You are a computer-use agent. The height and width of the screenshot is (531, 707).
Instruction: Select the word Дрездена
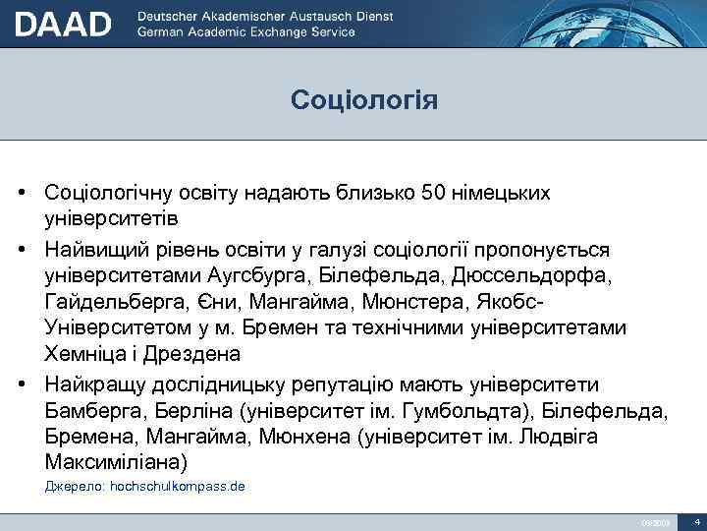[x=208, y=353]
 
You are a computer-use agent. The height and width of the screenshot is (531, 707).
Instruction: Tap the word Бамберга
[x=96, y=408]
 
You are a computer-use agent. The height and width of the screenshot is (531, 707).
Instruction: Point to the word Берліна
[x=210, y=408]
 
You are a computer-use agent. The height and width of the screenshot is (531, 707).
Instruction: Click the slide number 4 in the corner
[x=695, y=520]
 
